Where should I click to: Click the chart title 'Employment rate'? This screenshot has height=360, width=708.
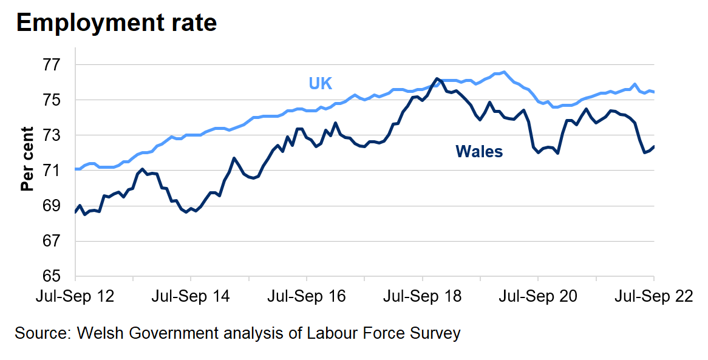tap(117, 23)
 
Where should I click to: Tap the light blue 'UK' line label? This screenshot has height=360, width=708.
tap(320, 83)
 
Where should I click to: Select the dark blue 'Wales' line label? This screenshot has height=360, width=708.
tap(479, 152)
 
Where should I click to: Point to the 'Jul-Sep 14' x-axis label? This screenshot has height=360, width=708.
tap(191, 297)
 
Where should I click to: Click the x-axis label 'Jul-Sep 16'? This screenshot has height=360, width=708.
tap(307, 297)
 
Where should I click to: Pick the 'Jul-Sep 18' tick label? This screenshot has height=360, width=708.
tap(423, 297)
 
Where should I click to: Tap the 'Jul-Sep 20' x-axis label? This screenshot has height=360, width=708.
tap(538, 297)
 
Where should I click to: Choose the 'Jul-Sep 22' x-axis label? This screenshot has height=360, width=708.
tap(654, 297)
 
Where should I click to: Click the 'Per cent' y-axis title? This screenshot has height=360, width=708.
tap(27, 159)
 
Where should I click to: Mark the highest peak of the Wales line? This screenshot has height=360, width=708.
tap(437, 78)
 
